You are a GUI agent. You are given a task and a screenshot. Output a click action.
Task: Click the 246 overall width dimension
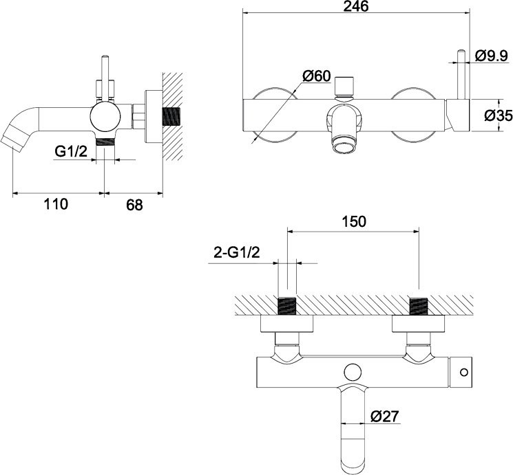[x=355, y=6]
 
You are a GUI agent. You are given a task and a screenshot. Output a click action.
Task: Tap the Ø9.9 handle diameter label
[x=491, y=56]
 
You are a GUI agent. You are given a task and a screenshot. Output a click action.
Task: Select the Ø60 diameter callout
[x=317, y=76]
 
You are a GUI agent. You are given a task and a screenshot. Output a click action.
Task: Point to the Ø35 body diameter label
[x=499, y=115]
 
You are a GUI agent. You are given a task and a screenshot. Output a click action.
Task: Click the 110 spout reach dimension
[x=56, y=204]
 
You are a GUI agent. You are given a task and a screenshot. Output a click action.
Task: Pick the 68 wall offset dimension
[x=134, y=205]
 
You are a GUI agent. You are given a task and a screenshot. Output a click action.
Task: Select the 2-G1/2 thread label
[x=237, y=252]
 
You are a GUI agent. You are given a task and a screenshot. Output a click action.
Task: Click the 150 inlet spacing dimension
[x=354, y=221]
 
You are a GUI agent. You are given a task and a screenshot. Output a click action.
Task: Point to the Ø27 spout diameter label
[x=385, y=416]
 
